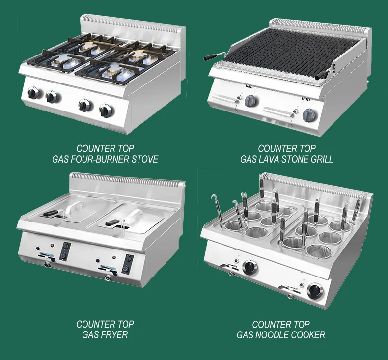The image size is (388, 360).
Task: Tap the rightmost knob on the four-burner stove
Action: (106, 111)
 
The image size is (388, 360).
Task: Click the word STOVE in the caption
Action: (144, 159)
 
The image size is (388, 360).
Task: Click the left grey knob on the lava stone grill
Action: (250, 101)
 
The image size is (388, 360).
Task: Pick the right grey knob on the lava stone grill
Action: (309, 115)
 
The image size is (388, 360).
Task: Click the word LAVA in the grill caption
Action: (268, 159)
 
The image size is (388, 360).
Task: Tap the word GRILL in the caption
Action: (322, 159)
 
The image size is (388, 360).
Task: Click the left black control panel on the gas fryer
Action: (65, 251)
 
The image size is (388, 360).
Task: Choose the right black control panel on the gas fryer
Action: (127, 264)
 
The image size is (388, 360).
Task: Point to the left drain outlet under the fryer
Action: (46, 265)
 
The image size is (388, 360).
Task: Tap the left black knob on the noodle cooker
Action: (250, 268)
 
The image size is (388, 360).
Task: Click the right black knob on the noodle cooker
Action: (315, 291)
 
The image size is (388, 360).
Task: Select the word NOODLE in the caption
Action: (272, 335)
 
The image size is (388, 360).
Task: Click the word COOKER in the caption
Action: (308, 335)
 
